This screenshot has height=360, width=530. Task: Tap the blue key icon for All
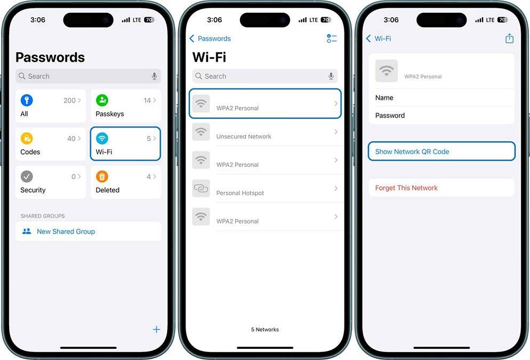[x=27, y=100]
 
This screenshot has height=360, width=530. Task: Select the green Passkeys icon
[x=102, y=100]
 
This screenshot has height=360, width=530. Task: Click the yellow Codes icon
[x=27, y=139]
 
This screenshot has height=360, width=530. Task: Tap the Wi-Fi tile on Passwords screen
[x=125, y=143]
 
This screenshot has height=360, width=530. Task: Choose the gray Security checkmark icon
[x=27, y=177]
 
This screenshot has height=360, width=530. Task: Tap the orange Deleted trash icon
[x=102, y=177]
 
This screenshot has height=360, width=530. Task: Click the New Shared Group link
[x=66, y=231]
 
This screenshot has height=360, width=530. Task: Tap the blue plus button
[x=156, y=329]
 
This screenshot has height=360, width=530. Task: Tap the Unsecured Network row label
[x=244, y=137]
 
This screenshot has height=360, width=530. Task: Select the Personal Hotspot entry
[x=240, y=193]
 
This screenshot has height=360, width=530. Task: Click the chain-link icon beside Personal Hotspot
[x=201, y=188]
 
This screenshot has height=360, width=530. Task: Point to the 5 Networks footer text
[x=265, y=330]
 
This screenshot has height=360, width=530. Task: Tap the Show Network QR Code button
[x=412, y=151]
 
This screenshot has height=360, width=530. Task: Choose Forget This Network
[x=406, y=188]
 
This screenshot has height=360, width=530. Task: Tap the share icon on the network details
[x=509, y=38]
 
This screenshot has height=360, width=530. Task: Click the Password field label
[x=390, y=115]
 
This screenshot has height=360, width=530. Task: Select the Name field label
[x=384, y=98]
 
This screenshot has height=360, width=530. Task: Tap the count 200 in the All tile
[x=69, y=100]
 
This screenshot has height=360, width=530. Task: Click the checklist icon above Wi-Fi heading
[x=332, y=38]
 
